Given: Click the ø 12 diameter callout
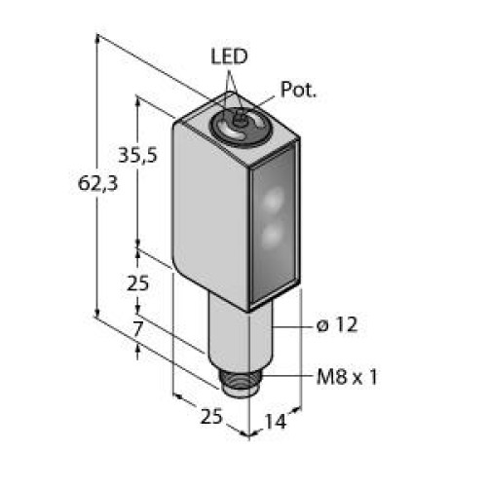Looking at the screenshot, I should coord(337,325).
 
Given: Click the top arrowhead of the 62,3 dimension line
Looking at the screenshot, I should coord(97,40).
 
